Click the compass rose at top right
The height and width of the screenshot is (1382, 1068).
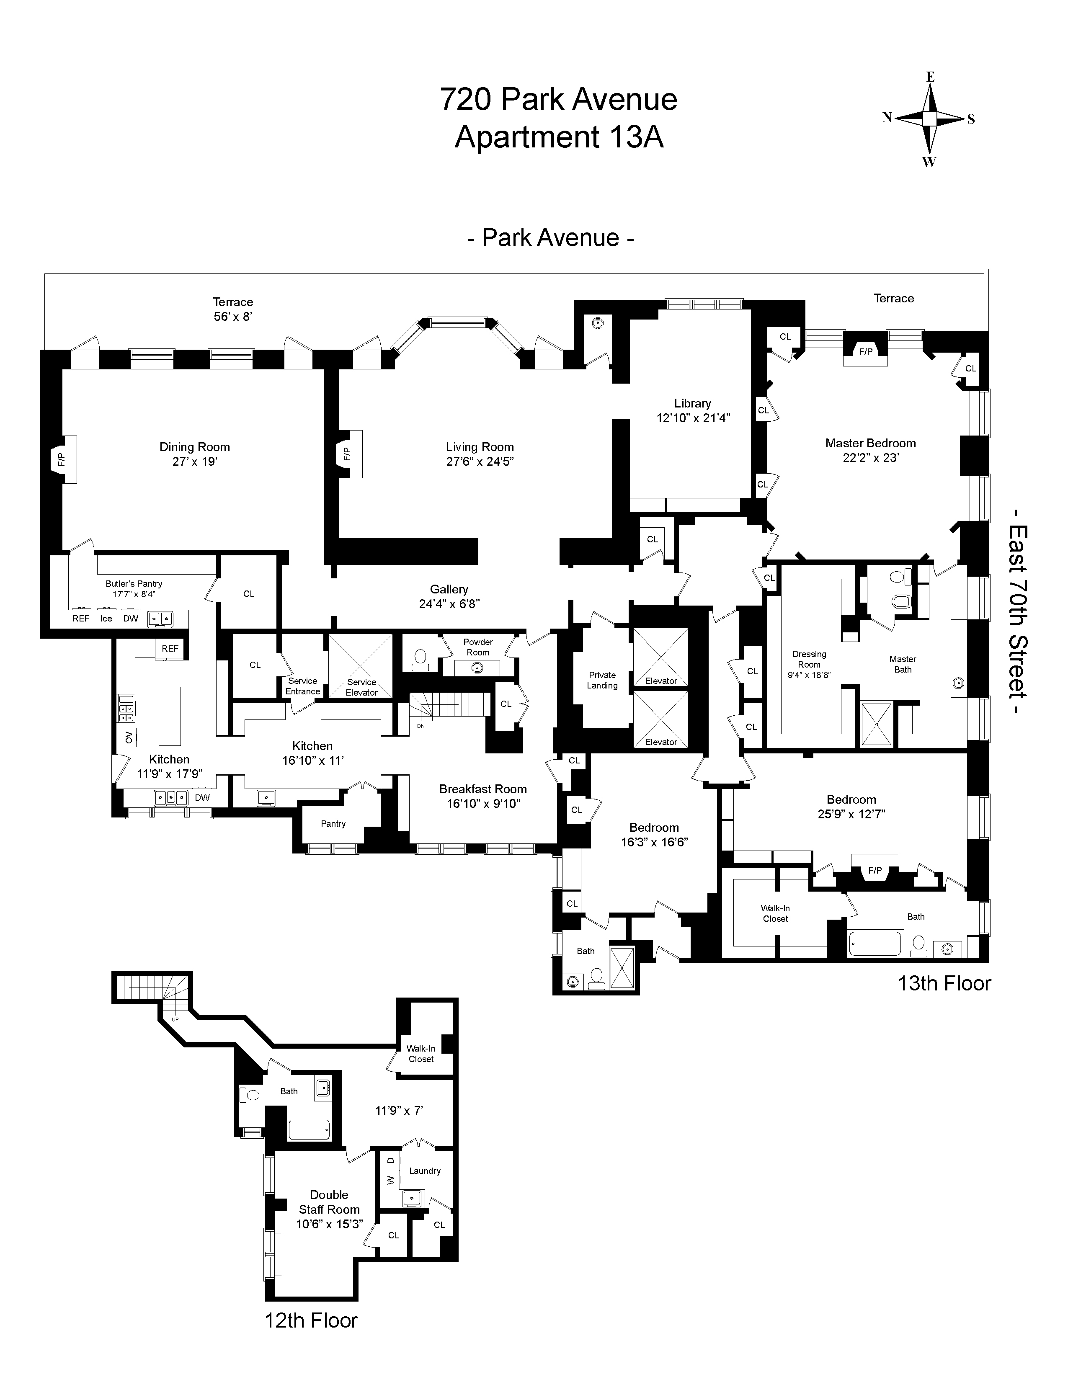(929, 119)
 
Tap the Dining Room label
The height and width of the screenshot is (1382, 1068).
(195, 447)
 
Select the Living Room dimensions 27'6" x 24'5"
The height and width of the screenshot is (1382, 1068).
(480, 462)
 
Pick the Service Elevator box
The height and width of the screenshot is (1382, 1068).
(361, 666)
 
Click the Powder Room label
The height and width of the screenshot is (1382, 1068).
(478, 647)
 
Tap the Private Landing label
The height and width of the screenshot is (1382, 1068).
(602, 680)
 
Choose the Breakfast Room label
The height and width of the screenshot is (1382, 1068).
(483, 789)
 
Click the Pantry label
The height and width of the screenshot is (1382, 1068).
(333, 823)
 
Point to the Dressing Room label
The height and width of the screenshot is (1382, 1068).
(809, 659)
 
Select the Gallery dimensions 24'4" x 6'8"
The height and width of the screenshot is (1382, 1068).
(449, 603)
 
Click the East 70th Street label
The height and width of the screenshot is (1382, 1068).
(1018, 612)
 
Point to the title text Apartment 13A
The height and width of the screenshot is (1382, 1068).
(559, 137)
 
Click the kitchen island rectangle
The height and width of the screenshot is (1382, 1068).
(170, 716)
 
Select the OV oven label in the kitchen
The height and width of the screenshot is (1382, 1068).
(129, 737)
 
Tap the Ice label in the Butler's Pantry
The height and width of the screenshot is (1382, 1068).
(106, 618)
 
